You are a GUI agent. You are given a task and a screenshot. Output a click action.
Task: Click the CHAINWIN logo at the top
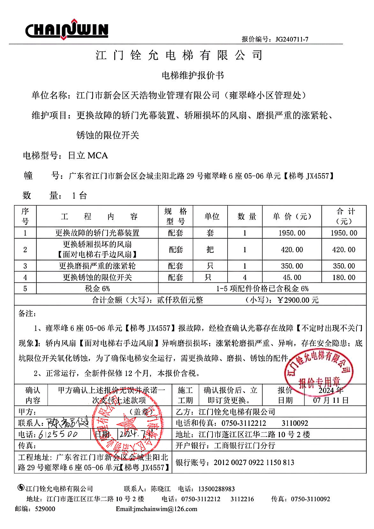pos(67,30)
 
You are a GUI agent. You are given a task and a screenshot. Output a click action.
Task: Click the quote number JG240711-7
pos(292,39)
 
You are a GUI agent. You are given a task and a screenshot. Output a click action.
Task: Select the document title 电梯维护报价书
pos(193,75)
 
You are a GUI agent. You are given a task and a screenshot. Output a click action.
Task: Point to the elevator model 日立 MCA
pos(88,156)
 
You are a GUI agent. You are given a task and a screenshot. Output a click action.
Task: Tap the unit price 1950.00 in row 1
pos(292,233)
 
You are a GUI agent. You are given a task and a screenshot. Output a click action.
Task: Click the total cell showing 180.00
pos(344,277)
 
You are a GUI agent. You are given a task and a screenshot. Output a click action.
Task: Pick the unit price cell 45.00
pos(292,277)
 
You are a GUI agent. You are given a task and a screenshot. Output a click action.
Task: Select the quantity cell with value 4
pos(245,277)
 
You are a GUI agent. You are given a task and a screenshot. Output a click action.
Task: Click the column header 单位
pos(212,216)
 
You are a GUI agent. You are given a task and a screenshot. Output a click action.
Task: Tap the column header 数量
pos(247,216)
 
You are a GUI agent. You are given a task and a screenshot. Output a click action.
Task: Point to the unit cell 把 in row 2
pos(210,249)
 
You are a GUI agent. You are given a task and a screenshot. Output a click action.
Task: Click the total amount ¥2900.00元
pos(298,300)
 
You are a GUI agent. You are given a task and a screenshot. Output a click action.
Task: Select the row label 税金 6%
pos(97,289)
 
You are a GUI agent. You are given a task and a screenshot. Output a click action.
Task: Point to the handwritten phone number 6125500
pos(58,434)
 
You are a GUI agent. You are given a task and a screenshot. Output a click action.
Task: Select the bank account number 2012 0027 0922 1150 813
pos(254,462)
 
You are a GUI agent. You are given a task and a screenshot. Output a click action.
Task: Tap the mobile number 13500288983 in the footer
pos(216,489)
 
